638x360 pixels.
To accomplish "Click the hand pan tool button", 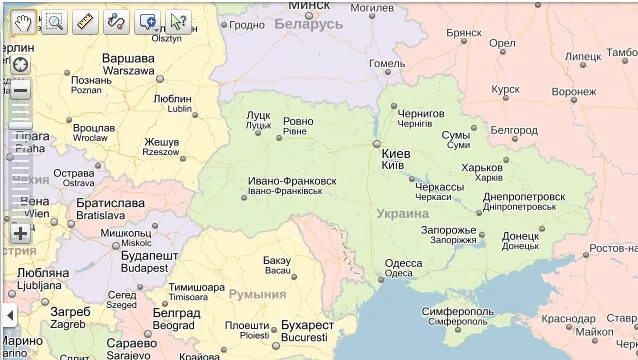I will click(x=24, y=21).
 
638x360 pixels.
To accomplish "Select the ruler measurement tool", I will click(x=86, y=21).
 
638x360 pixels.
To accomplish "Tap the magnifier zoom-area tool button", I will click(x=55, y=21).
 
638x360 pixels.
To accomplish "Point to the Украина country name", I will click(x=403, y=213).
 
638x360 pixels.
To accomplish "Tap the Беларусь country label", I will click(x=308, y=23).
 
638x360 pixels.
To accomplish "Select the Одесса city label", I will click(x=403, y=263).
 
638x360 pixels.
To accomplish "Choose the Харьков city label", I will click(x=482, y=167).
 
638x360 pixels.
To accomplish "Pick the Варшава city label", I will click(x=128, y=58).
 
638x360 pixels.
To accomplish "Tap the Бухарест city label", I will click(x=307, y=325).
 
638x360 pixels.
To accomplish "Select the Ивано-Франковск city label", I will click(x=292, y=181).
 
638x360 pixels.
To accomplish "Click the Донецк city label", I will click(x=519, y=236).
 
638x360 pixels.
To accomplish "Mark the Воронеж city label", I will click(x=573, y=91).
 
